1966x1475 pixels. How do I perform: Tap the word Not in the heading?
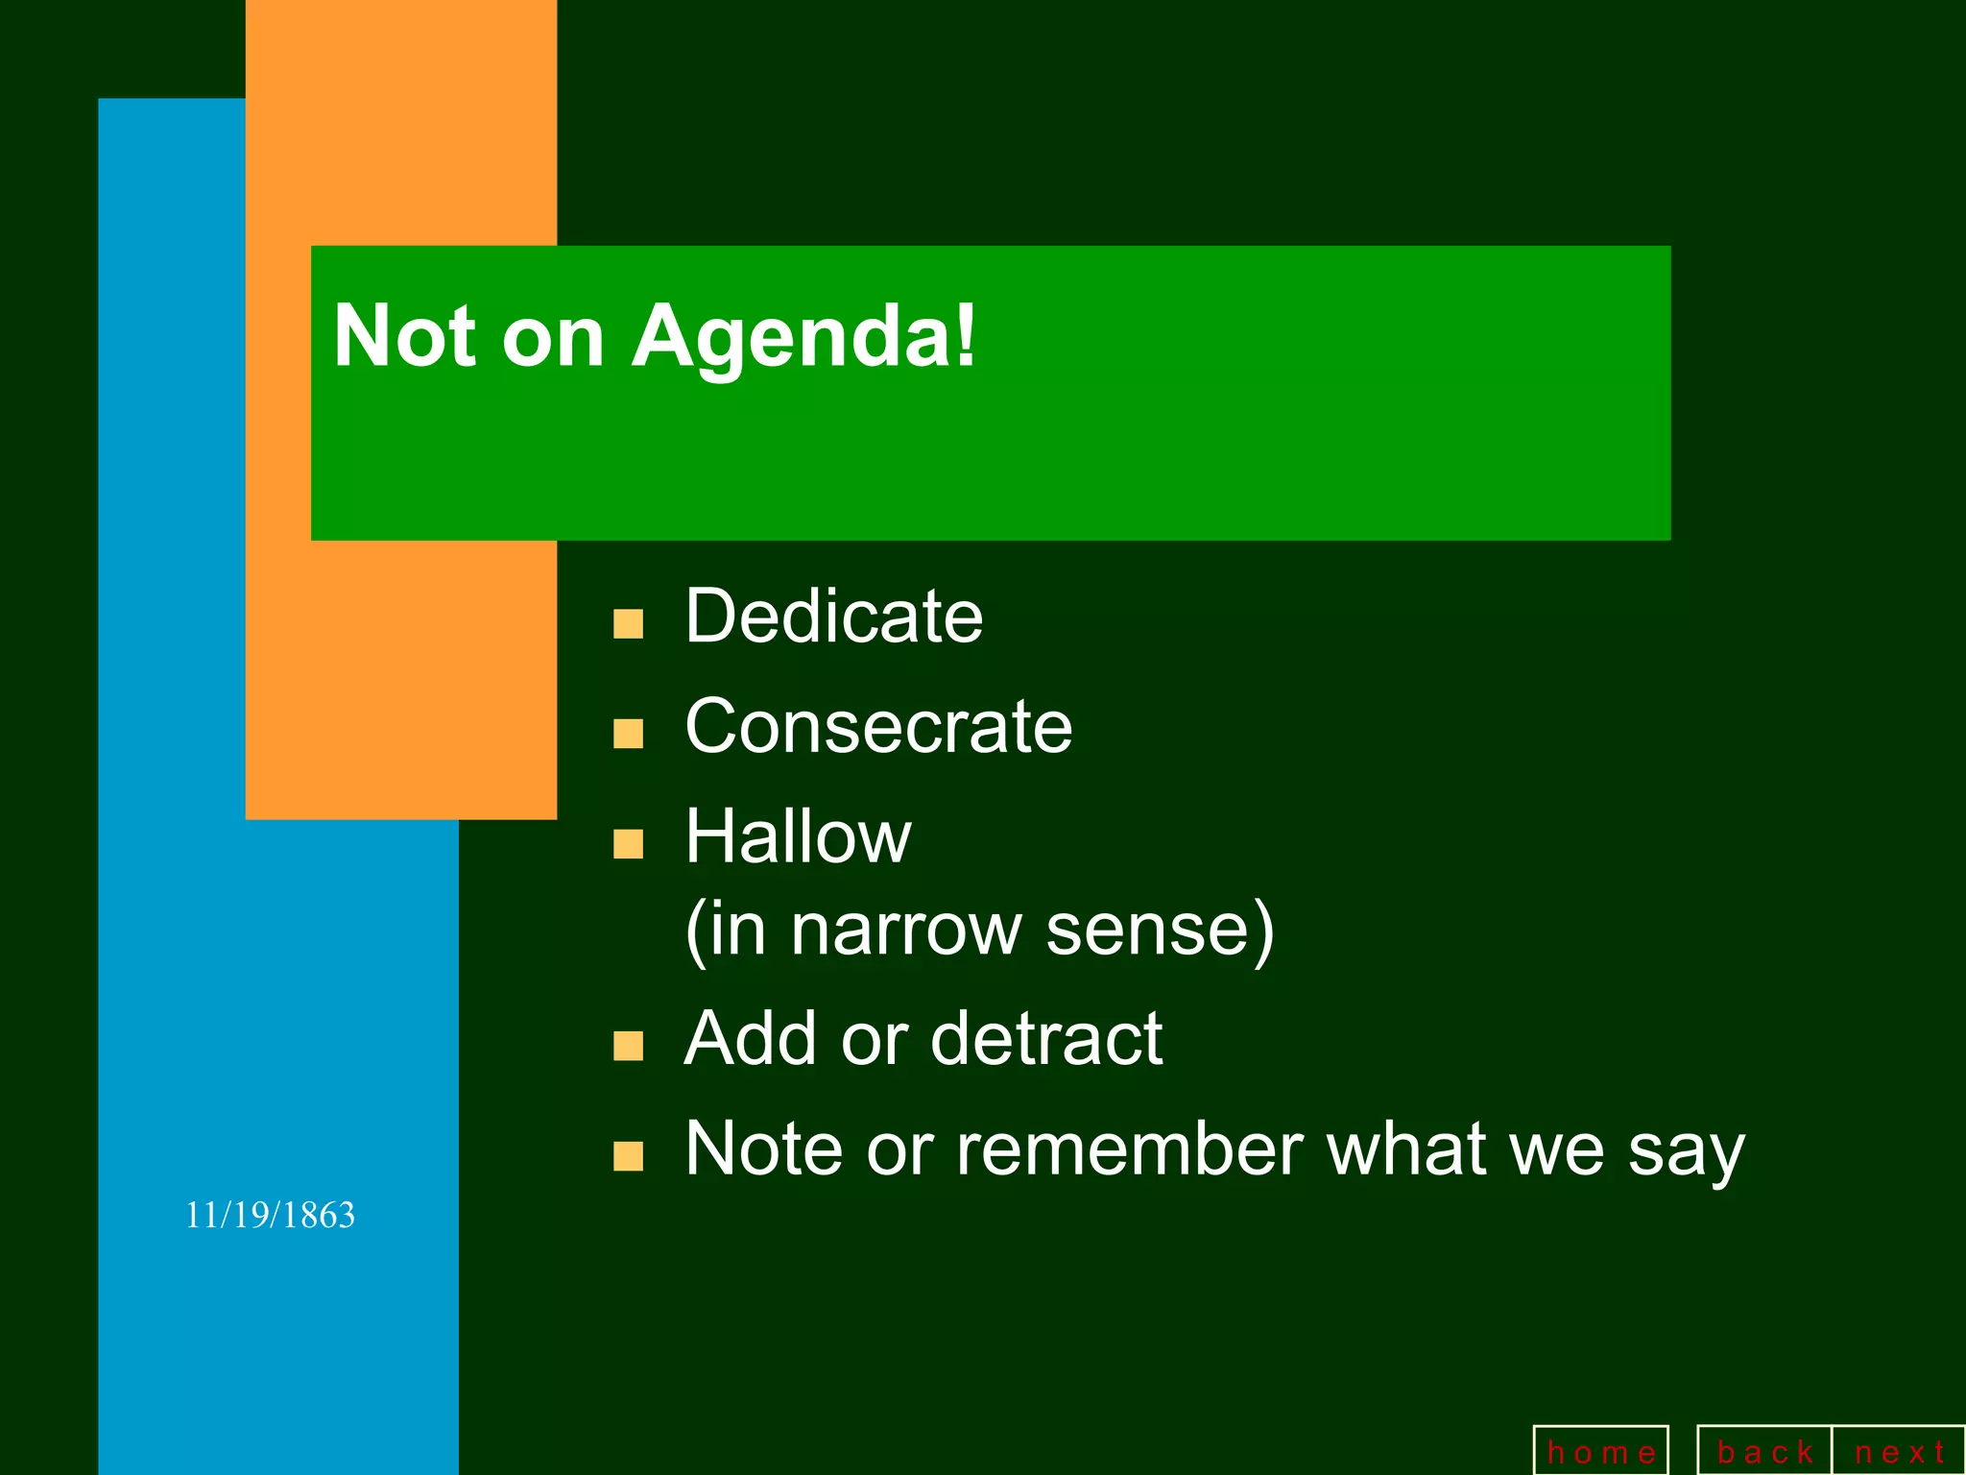pyautogui.click(x=403, y=336)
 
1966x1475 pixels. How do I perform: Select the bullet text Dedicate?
pyautogui.click(x=833, y=617)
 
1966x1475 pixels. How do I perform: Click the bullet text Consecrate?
pyautogui.click(x=878, y=727)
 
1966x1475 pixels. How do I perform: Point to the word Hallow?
pyautogui.click(x=798, y=837)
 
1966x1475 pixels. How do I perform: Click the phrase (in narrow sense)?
pyautogui.click(x=979, y=930)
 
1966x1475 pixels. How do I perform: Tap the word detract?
pyautogui.click(x=1045, y=1039)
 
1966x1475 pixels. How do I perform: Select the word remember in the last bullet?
pyautogui.click(x=1130, y=1149)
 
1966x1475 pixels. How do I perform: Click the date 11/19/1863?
pyautogui.click(x=270, y=1216)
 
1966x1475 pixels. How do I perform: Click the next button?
pyautogui.click(x=1898, y=1452)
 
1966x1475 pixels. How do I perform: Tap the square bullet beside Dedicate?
pyautogui.click(x=628, y=624)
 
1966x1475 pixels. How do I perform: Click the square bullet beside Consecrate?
pyautogui.click(x=628, y=735)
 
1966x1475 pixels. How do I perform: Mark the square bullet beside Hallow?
pyautogui.click(x=628, y=845)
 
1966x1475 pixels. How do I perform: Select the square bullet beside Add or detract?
pyautogui.click(x=628, y=1047)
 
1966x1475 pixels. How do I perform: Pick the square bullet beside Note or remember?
pyautogui.click(x=628, y=1157)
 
